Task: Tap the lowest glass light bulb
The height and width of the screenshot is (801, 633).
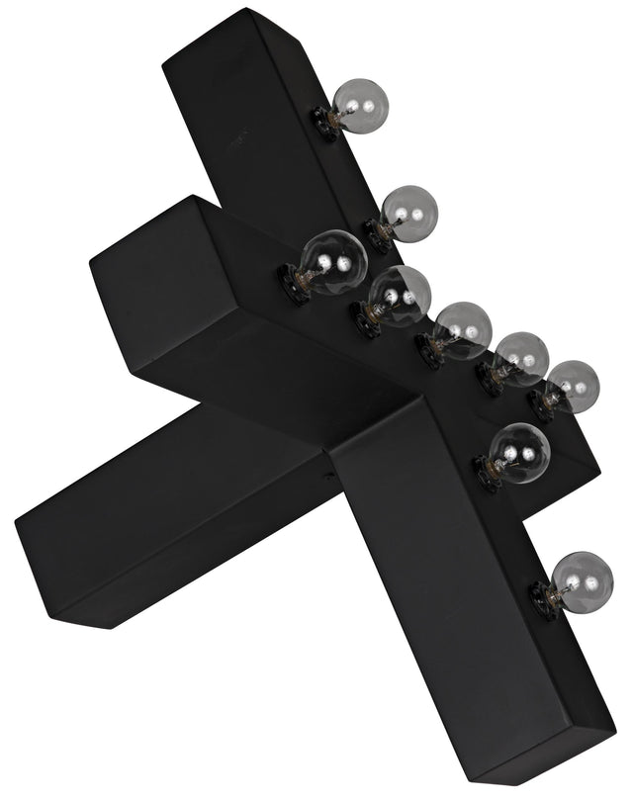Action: [581, 578]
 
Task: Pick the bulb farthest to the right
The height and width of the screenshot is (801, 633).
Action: [574, 385]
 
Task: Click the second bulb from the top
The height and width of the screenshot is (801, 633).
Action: [408, 211]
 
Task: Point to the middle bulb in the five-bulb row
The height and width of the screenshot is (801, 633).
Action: [463, 328]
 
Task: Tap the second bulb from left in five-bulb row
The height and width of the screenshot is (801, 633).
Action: [401, 294]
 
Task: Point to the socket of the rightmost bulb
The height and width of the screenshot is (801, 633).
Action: [541, 403]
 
